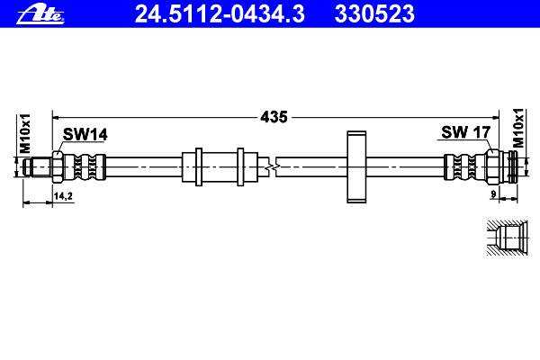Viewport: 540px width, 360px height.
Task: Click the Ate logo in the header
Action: (40, 16)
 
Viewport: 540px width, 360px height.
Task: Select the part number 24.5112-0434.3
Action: (220, 14)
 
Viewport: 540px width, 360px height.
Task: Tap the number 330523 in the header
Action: (374, 14)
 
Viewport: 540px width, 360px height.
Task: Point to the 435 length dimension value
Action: (274, 117)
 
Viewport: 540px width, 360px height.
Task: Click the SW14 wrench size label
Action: (85, 134)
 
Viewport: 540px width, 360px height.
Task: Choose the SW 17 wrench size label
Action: (465, 132)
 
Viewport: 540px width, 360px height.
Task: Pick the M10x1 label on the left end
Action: (25, 134)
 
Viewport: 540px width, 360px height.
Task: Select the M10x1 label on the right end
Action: (518, 128)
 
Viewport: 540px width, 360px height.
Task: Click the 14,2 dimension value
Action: (63, 196)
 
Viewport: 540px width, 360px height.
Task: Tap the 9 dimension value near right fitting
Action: (493, 194)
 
